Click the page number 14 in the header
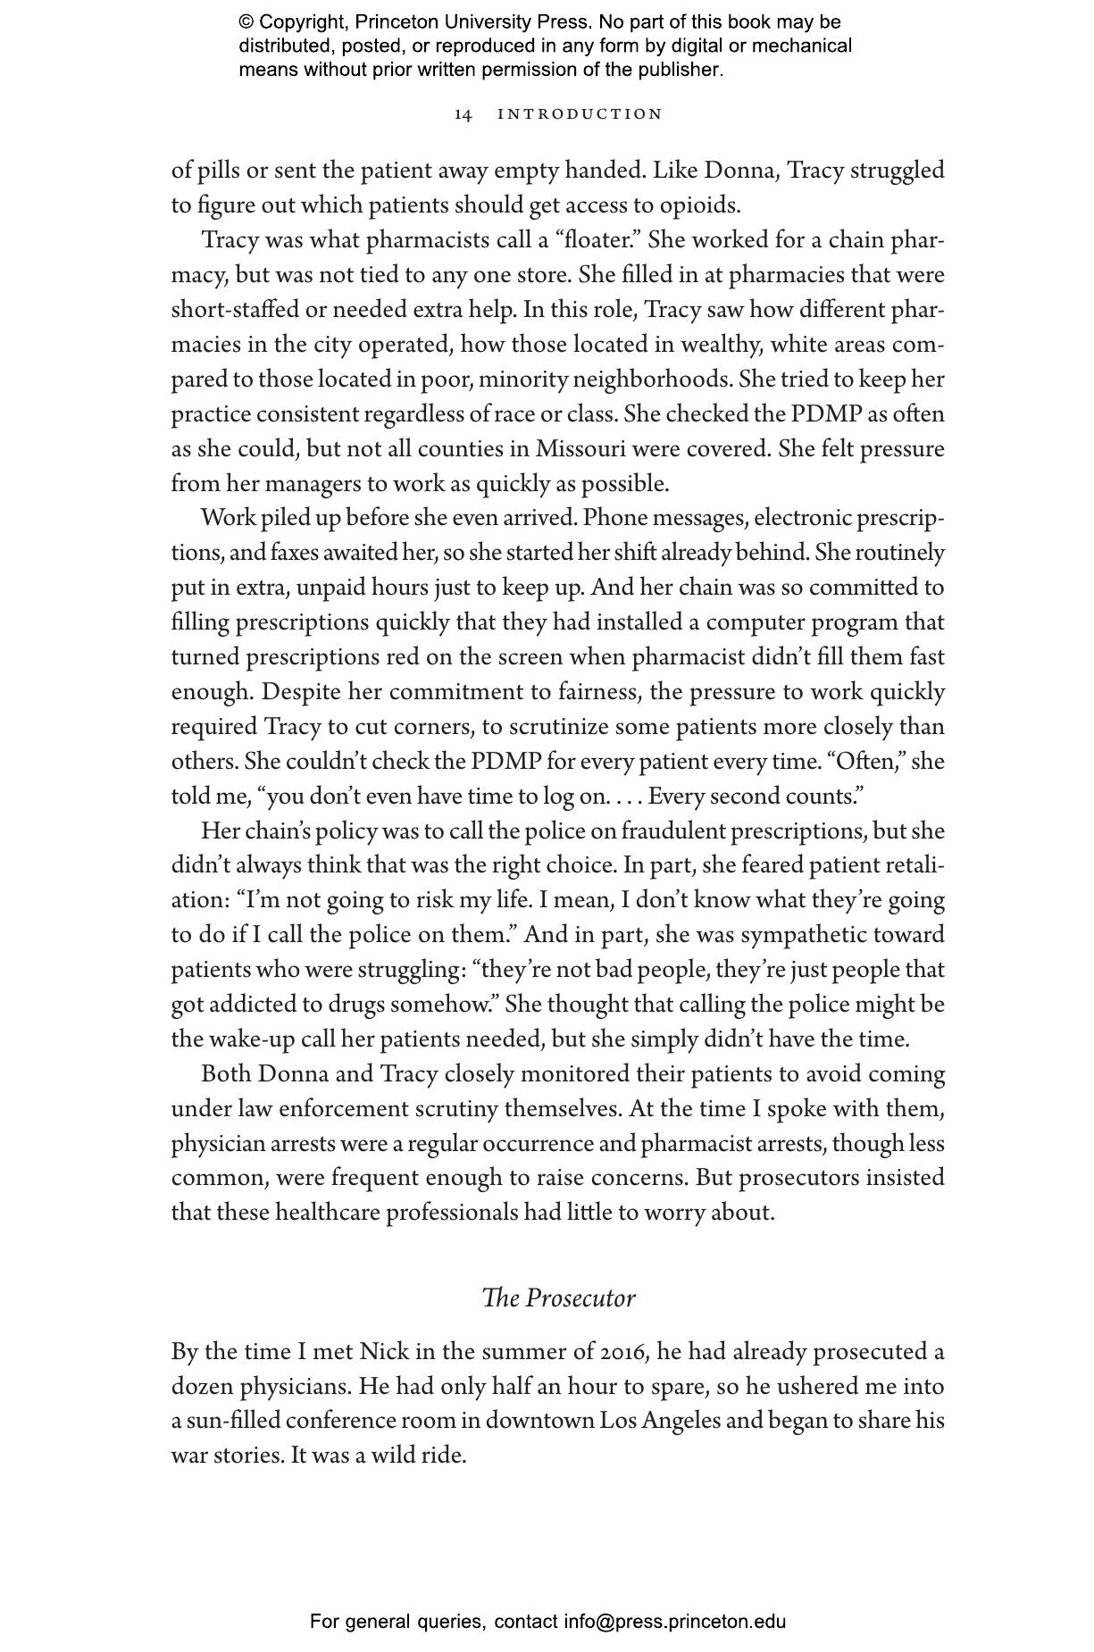[463, 114]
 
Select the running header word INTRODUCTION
[580, 114]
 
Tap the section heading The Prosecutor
[558, 1297]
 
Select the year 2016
[622, 1352]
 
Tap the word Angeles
[677, 1421]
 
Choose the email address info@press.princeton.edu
[674, 1621]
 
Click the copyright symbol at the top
[246, 22]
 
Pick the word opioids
[700, 205]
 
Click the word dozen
[200, 1387]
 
